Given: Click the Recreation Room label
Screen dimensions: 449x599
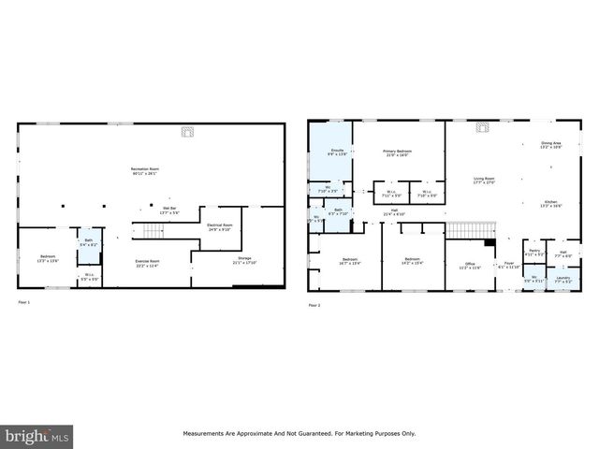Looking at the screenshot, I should [144, 171].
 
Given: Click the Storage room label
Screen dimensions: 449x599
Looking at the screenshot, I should [244, 261].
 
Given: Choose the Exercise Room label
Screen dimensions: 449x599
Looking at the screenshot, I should [148, 263].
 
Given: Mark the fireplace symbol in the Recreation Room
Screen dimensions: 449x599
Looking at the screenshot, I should [187, 132].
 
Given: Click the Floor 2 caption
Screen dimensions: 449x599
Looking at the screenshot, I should [314, 304].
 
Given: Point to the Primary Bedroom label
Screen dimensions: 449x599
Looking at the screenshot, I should [397, 152].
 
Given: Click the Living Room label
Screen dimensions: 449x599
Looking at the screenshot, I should [483, 180].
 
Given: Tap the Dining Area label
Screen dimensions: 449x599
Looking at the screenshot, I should [550, 145].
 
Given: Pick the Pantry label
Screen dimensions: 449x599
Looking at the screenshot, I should [533, 253].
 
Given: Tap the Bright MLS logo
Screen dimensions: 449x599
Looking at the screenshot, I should [37, 436].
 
